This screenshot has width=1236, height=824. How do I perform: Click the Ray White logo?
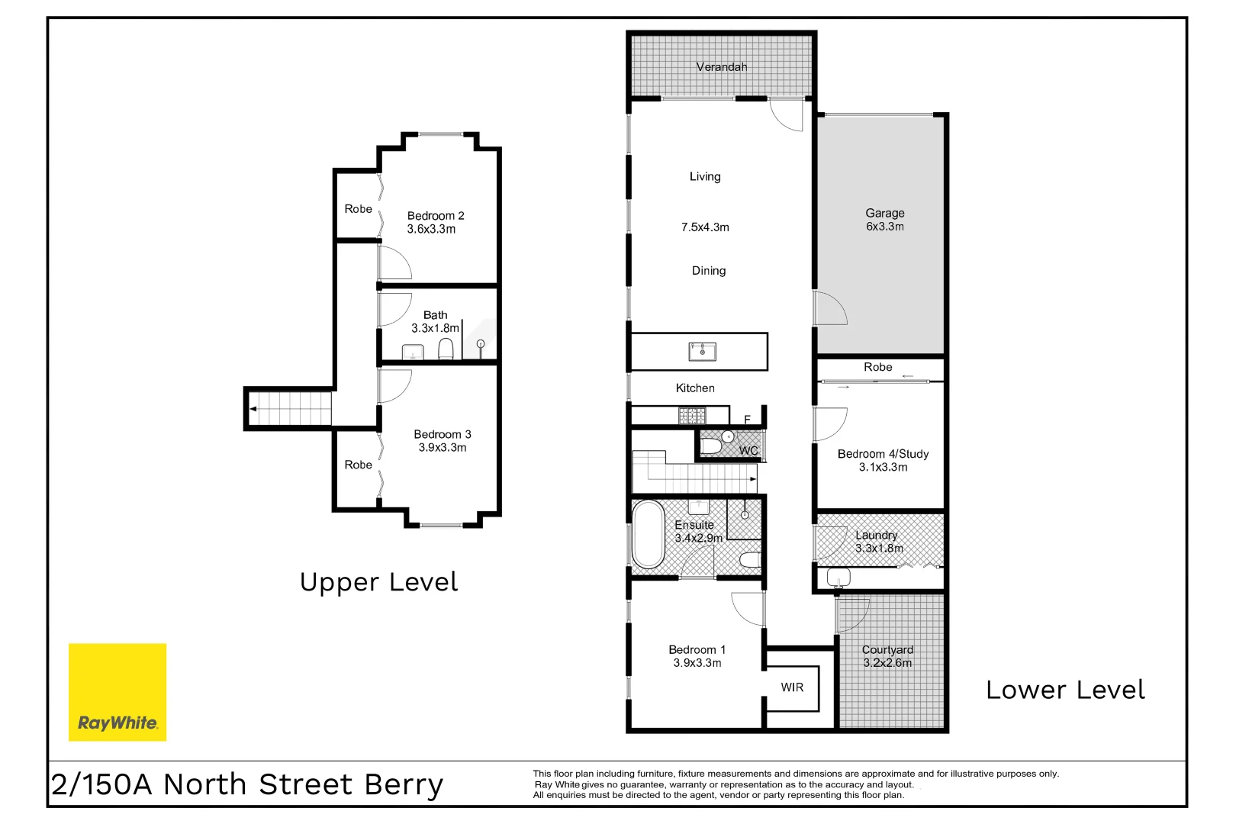(x=117, y=692)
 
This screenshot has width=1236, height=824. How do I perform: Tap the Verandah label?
(x=721, y=67)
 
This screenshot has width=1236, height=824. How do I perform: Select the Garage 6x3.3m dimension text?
(x=884, y=227)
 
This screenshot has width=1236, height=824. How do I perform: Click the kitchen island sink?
(x=702, y=352)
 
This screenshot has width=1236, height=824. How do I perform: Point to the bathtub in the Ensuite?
(x=649, y=534)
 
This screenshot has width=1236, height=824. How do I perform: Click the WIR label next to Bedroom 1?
(x=792, y=687)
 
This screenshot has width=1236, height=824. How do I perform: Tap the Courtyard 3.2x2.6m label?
(x=887, y=656)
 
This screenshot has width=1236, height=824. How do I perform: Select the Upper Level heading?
(x=378, y=582)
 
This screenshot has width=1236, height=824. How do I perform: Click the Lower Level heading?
(x=1065, y=690)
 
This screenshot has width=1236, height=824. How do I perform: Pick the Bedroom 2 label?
(x=436, y=216)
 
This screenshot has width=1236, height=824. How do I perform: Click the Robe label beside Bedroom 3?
(x=358, y=465)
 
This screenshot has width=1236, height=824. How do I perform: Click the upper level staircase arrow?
(x=253, y=410)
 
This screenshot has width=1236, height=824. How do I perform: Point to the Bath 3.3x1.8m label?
(x=436, y=321)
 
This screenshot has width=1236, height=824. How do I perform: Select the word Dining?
(x=708, y=271)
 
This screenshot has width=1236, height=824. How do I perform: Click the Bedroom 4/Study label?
(x=883, y=454)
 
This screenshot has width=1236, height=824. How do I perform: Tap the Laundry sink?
(x=838, y=578)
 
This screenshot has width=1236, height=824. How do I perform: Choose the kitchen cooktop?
(x=692, y=416)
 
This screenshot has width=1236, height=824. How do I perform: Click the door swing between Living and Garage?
(x=830, y=308)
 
